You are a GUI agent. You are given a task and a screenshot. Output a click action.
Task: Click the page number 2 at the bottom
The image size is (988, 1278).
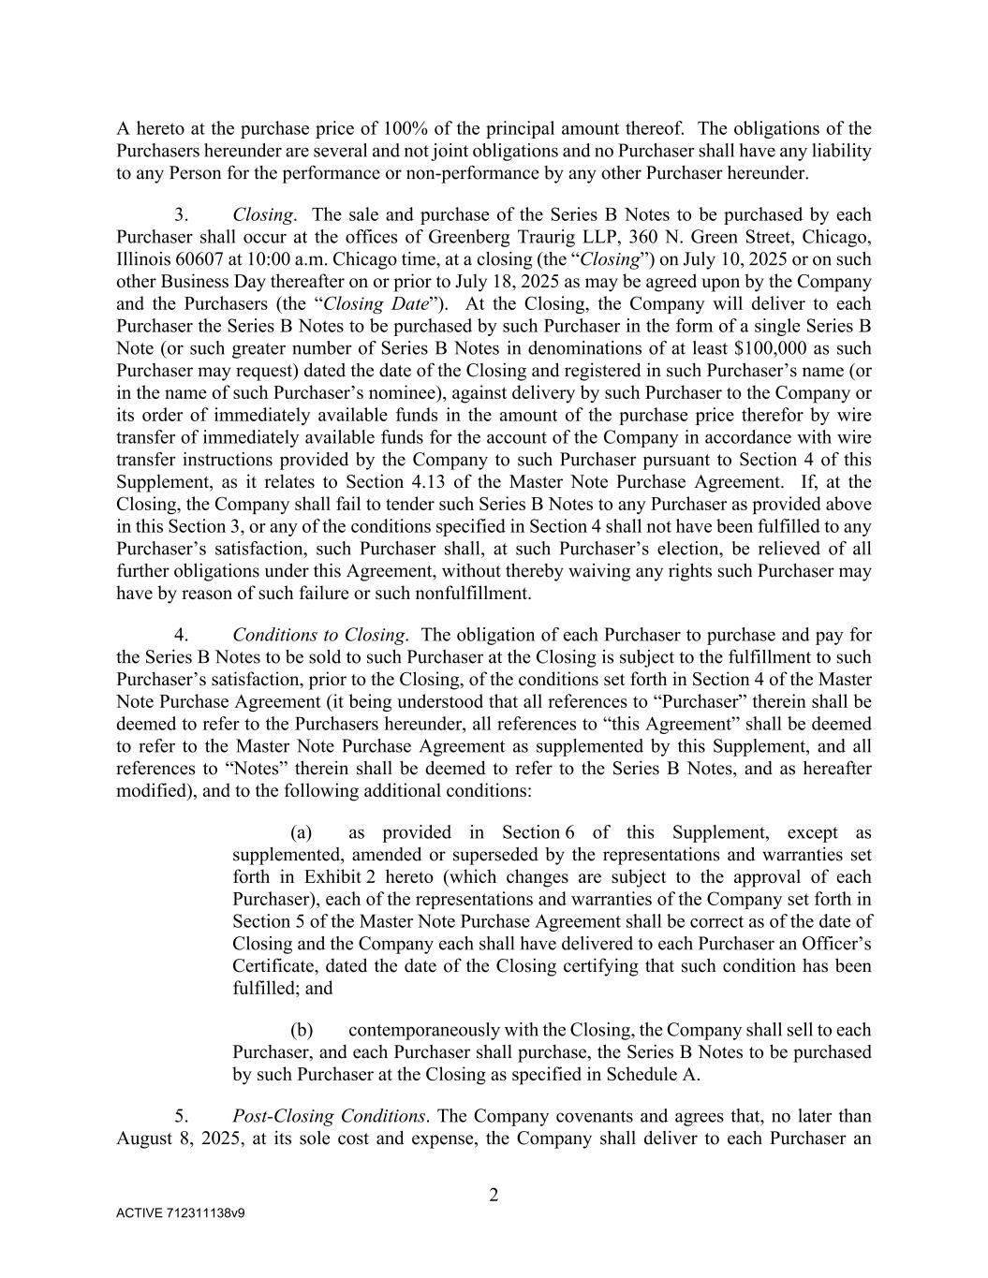point(494,1195)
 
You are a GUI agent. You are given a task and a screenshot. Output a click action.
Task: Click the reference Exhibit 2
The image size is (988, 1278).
point(339,877)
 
